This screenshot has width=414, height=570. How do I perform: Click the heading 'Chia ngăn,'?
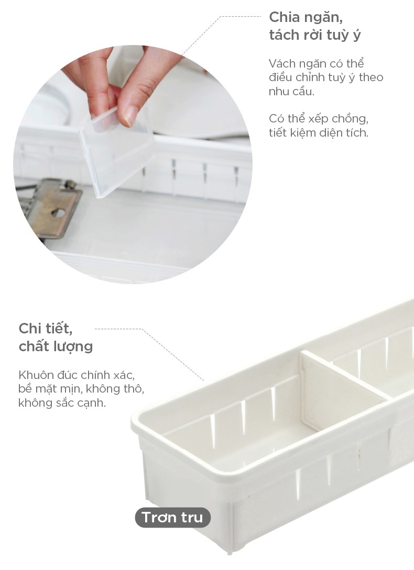306,17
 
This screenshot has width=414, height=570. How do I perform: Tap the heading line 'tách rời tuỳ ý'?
315,35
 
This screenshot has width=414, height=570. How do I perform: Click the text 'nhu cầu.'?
291,91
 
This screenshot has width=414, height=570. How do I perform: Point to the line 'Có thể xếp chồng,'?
319,119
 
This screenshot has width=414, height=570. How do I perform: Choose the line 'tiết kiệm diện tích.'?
319,132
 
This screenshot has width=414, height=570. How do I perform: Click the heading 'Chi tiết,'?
46,329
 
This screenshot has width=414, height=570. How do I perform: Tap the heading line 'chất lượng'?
56,347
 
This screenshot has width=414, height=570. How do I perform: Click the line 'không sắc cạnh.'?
62,403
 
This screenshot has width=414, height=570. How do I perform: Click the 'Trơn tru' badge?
172,517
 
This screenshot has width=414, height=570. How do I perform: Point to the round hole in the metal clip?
58,213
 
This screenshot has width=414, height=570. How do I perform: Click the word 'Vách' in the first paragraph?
281,64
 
